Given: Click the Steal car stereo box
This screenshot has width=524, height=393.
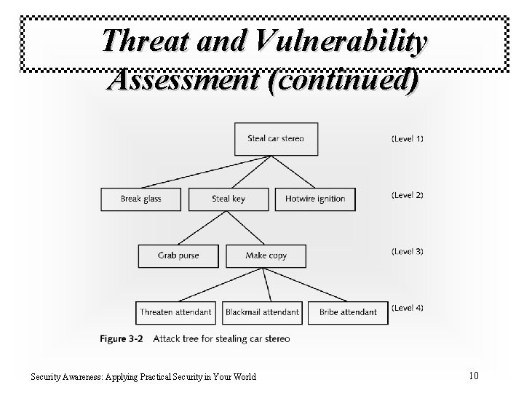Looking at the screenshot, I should click(x=276, y=138).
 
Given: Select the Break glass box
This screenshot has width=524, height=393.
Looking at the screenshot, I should click(x=142, y=199).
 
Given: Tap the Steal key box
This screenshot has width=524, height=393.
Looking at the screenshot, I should click(x=229, y=199).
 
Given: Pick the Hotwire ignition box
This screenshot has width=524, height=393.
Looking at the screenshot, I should click(x=315, y=199).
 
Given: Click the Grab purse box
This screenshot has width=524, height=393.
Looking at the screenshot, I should click(x=178, y=255).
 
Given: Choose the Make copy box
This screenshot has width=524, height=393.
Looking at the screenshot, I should click(x=266, y=255).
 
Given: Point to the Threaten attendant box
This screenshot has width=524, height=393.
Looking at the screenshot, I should click(x=176, y=312).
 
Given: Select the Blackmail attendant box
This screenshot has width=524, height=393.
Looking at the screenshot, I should click(x=262, y=312).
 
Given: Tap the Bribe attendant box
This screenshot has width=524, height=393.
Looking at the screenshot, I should click(x=348, y=312).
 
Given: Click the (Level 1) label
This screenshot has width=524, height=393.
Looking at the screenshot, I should click(x=407, y=138).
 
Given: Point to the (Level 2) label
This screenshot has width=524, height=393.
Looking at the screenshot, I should click(x=407, y=195).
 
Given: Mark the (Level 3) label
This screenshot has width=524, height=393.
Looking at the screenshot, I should click(x=407, y=252).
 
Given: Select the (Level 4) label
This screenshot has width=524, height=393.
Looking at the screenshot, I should click(x=407, y=309).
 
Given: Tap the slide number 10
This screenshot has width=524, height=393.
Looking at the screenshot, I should click(x=474, y=376).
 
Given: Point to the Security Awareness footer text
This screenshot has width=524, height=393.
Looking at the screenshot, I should click(x=143, y=376).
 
